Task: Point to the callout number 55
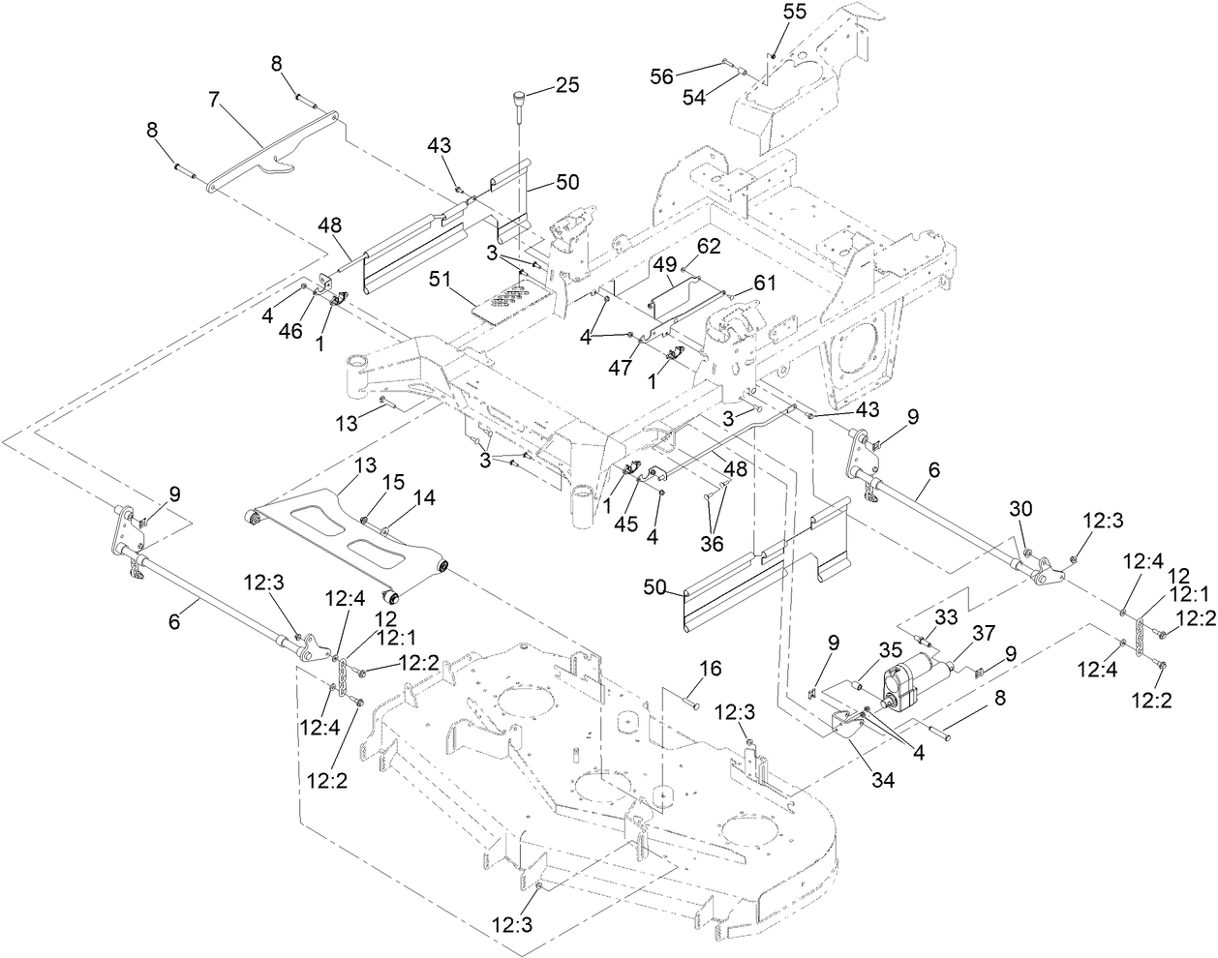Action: point(794,13)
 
